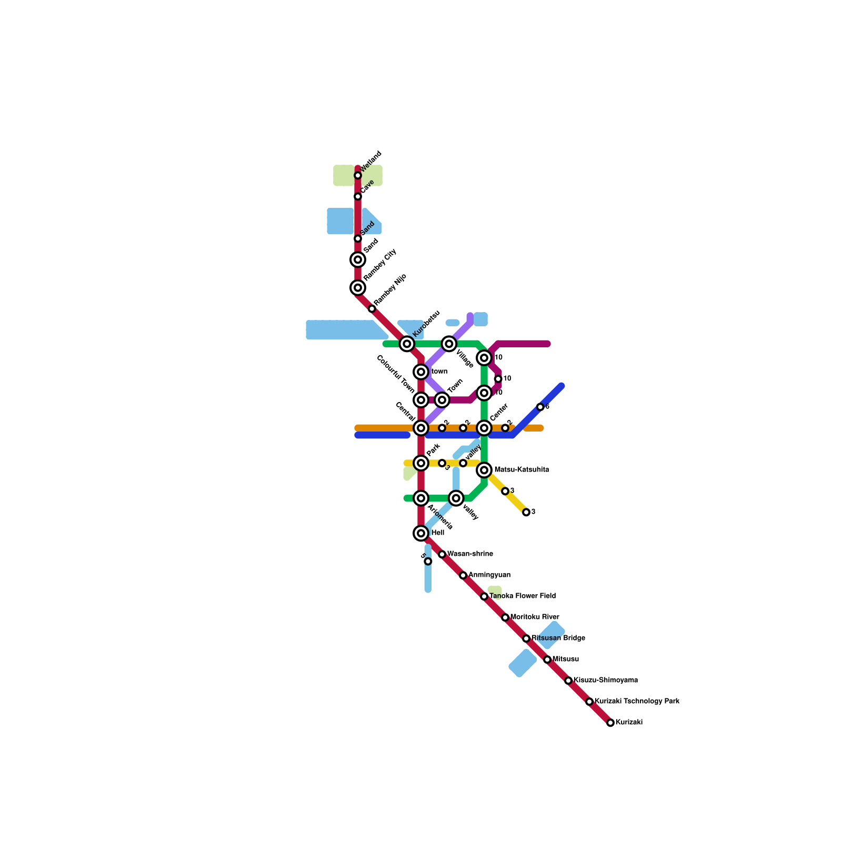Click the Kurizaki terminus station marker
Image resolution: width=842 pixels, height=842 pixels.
click(x=610, y=723)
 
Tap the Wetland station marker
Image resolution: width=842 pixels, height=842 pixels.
click(x=358, y=175)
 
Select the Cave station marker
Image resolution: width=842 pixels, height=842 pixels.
click(x=358, y=196)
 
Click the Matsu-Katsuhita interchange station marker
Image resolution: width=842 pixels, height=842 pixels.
click(x=484, y=470)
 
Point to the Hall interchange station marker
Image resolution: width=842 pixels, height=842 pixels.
click(x=421, y=533)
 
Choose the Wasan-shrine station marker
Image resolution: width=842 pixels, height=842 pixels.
click(x=442, y=554)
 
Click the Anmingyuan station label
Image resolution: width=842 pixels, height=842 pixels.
click(x=489, y=575)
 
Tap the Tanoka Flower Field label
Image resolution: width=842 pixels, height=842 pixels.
click(x=522, y=596)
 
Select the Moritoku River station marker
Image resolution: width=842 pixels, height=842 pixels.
click(x=505, y=617)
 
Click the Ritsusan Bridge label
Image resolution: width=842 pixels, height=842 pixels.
click(x=558, y=638)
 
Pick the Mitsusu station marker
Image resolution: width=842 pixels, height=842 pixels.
click(x=547, y=659)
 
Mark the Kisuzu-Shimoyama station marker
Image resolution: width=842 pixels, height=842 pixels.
click(x=568, y=680)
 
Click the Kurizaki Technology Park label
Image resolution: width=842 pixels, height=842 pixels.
click(x=637, y=701)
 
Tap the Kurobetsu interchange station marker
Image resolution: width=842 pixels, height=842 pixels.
click(x=407, y=344)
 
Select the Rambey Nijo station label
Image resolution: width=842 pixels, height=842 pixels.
click(x=390, y=289)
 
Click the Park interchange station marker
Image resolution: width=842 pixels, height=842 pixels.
click(x=421, y=463)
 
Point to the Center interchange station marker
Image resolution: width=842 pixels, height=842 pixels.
click(x=484, y=428)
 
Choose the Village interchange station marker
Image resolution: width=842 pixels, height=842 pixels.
click(x=449, y=344)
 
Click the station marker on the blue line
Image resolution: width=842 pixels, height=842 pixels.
click(x=540, y=407)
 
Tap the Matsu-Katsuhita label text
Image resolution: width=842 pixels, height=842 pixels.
click(x=522, y=470)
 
